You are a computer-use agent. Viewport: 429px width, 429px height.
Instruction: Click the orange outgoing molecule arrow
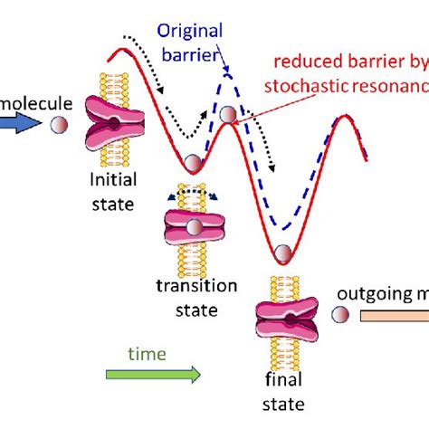(x=395, y=315)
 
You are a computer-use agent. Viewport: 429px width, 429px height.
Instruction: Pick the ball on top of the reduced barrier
(x=228, y=113)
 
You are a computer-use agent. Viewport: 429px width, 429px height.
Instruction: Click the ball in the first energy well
(x=192, y=164)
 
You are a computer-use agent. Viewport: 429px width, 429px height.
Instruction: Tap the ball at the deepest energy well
(x=283, y=253)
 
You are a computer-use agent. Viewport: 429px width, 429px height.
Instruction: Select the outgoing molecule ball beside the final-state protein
(x=340, y=314)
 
